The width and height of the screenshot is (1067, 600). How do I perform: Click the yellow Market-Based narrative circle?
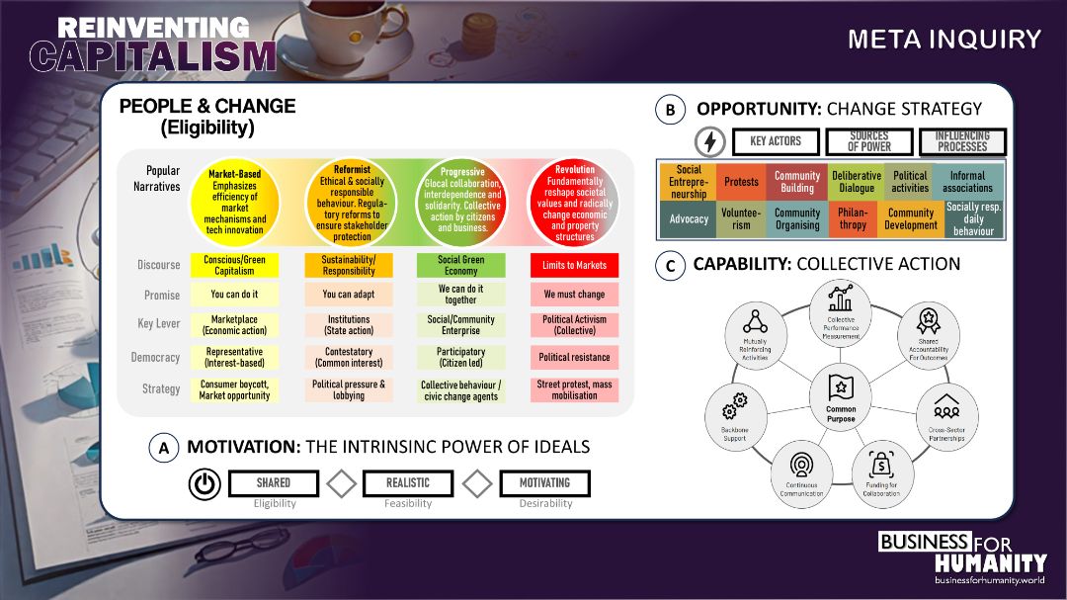pos(235,202)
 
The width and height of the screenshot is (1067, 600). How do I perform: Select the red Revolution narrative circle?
pos(575,202)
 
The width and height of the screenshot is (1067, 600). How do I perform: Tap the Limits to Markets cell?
pos(574,265)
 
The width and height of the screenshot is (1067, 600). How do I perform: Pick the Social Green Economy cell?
pos(460,265)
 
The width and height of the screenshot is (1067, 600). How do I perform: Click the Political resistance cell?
pos(574,357)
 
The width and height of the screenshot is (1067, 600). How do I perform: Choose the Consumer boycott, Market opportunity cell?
pos(235,389)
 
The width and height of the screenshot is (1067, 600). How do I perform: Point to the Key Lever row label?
pos(158,324)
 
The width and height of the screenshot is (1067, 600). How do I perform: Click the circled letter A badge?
pos(164,448)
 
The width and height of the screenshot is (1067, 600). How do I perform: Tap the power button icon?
pos(204,484)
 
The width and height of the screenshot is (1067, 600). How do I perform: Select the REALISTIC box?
pos(408,483)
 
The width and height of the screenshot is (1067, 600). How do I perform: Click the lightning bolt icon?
pos(708,142)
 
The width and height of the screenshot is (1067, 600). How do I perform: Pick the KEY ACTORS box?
pos(776,142)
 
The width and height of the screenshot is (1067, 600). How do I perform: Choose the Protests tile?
pos(741,182)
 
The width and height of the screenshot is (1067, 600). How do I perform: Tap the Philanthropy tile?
pos(853,218)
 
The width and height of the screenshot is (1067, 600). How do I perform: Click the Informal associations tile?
pos(967,182)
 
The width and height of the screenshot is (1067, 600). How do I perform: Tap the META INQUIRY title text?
pos(944,40)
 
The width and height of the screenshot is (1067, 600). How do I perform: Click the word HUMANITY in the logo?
pos(990,562)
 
